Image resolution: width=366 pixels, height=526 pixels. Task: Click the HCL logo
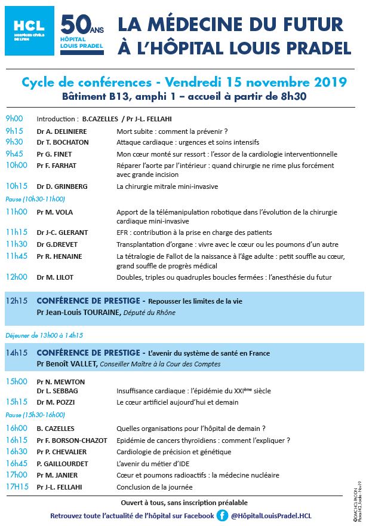pyautogui.click(x=29, y=31)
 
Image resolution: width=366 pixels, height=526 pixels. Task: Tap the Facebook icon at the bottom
pyautogui.click(x=222, y=515)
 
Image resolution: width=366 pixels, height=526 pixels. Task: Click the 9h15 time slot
pyautogui.click(x=14, y=131)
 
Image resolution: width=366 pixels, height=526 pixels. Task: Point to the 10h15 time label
pyautogui.click(x=17, y=186)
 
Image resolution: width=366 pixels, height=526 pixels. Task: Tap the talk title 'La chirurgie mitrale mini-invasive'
pyautogui.click(x=167, y=186)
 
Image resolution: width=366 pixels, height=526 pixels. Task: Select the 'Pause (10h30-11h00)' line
pyautogui.click(x=35, y=198)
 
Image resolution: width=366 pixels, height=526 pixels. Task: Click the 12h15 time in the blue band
pyautogui.click(x=17, y=300)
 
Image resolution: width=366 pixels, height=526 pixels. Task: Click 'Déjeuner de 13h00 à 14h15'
pyautogui.click(x=44, y=335)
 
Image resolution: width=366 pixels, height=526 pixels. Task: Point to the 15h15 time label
pyautogui.click(x=17, y=402)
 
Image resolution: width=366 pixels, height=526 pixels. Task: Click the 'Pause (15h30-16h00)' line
pyautogui.click(x=35, y=415)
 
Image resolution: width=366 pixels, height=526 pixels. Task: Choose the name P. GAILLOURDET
pyautogui.click(x=62, y=463)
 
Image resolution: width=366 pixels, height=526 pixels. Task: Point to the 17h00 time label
pyautogui.click(x=17, y=475)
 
